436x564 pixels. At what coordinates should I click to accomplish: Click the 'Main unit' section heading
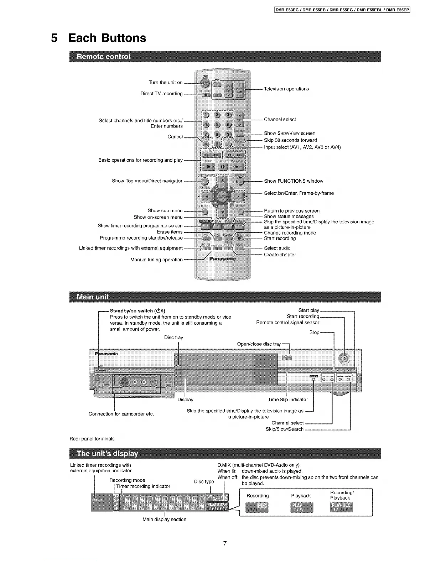pos(93,297)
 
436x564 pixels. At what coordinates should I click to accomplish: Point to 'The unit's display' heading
pos(107,454)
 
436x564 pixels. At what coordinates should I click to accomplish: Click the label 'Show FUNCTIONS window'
pos(294,181)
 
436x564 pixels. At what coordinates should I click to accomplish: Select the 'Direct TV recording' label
pos(161,94)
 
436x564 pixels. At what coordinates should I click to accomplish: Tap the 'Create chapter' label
pos(280,255)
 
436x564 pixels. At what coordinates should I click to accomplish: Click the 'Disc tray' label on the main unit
pos(173,337)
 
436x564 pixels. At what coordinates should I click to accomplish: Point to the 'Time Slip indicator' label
pos(288,399)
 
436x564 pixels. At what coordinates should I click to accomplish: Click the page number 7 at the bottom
pos(225,543)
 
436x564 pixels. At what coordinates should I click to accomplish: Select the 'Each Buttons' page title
pos(107,38)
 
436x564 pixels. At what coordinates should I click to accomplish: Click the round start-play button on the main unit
pos(344,359)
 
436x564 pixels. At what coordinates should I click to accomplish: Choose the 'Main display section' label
pos(164,519)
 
